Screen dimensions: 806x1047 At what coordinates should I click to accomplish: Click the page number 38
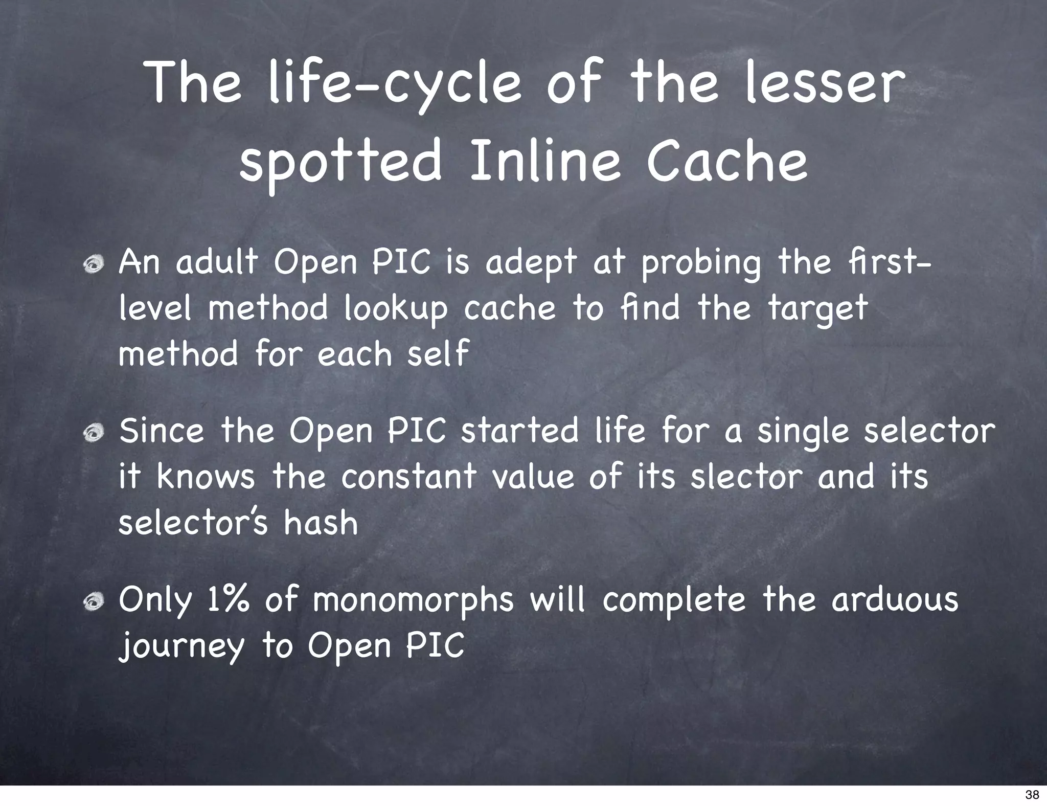coord(1032,794)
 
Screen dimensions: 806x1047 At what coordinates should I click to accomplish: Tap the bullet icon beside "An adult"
coord(95,264)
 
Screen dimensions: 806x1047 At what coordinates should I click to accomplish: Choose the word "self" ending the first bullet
coord(438,354)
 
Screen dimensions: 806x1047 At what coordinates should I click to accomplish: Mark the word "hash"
coord(321,523)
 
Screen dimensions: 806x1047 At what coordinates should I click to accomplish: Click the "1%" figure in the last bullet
coord(228,600)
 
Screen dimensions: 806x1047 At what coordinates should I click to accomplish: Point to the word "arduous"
coord(895,600)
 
